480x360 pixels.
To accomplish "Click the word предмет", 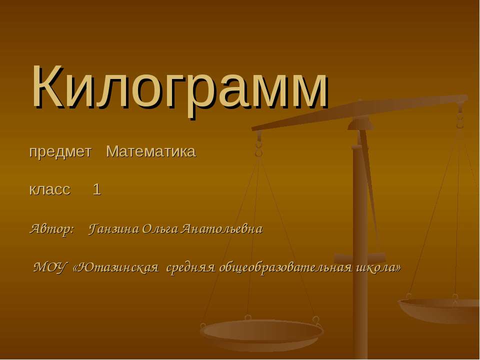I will click(60, 151).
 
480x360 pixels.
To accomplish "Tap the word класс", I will click(49, 189).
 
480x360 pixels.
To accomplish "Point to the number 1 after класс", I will click(97, 189).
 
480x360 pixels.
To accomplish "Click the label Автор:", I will click(52, 229).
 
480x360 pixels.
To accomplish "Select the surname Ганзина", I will click(114, 229).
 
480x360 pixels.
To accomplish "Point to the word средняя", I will click(190, 267).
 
